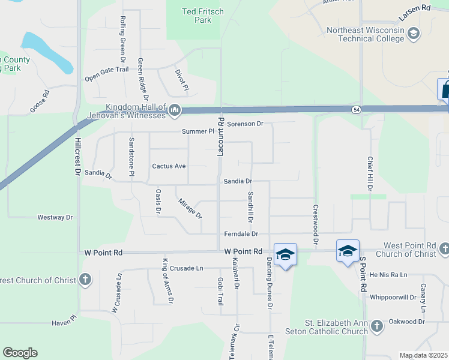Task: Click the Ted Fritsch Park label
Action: pyautogui.click(x=197, y=16)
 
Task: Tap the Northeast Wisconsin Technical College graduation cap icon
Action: pyautogui.click(x=413, y=34)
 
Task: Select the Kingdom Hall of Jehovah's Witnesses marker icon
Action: pyautogui.click(x=175, y=110)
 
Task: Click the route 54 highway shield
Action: pyautogui.click(x=356, y=109)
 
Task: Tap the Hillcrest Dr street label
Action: pyautogui.click(x=77, y=157)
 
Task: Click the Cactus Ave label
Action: pyautogui.click(x=169, y=166)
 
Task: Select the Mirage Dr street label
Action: pyautogui.click(x=190, y=208)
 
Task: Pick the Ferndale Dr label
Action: pyautogui.click(x=241, y=234)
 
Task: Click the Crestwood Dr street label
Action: pyautogui.click(x=315, y=224)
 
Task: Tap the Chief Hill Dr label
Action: pyautogui.click(x=370, y=175)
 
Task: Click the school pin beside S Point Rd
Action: pyautogui.click(x=348, y=251)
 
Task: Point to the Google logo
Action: pyautogui.click(x=20, y=353)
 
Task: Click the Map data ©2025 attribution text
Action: pyautogui.click(x=423, y=355)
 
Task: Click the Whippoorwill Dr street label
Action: pyautogui.click(x=393, y=298)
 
